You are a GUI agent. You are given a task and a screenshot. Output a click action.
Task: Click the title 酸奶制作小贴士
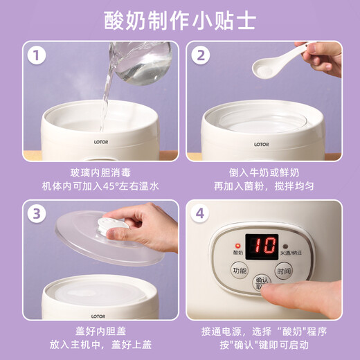[x=180, y=20]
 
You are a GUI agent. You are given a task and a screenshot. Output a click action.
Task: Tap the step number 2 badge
[x=201, y=55]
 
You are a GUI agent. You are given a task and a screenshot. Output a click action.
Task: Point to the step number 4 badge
[x=201, y=214]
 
